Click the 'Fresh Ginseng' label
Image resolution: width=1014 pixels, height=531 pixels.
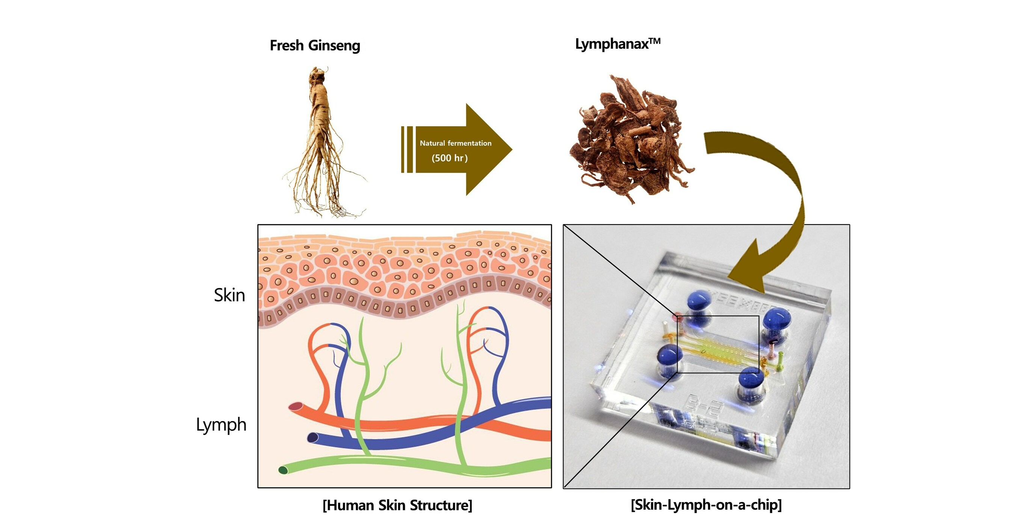315,46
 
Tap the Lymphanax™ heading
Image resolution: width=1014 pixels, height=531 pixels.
617,44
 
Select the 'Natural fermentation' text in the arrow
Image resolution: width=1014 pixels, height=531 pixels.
456,143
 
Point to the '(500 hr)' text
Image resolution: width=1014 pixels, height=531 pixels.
450,158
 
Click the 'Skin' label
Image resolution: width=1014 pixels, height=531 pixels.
229,295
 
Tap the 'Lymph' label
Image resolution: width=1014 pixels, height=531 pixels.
221,425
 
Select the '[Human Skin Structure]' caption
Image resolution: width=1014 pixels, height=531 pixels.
397,505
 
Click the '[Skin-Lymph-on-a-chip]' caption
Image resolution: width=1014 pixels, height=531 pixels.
706,505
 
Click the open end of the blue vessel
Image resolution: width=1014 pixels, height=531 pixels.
313,437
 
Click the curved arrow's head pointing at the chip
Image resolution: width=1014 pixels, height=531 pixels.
748,272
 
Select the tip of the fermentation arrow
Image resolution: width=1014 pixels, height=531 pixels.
510,149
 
